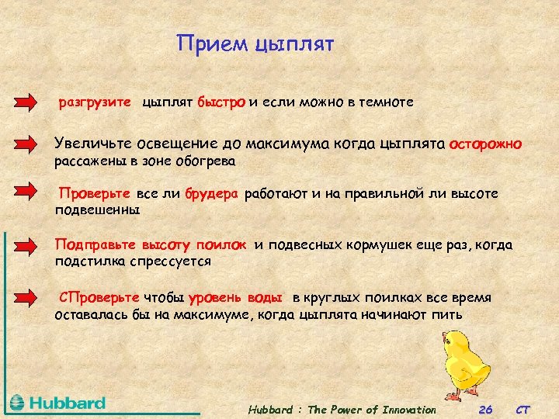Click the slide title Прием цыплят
[x=255, y=43]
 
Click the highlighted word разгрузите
[x=95, y=102]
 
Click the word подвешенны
[x=97, y=209]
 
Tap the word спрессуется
[x=172, y=261]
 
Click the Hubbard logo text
[x=68, y=403]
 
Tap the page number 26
[x=486, y=410]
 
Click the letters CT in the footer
[x=525, y=410]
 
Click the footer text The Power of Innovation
[x=373, y=410]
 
